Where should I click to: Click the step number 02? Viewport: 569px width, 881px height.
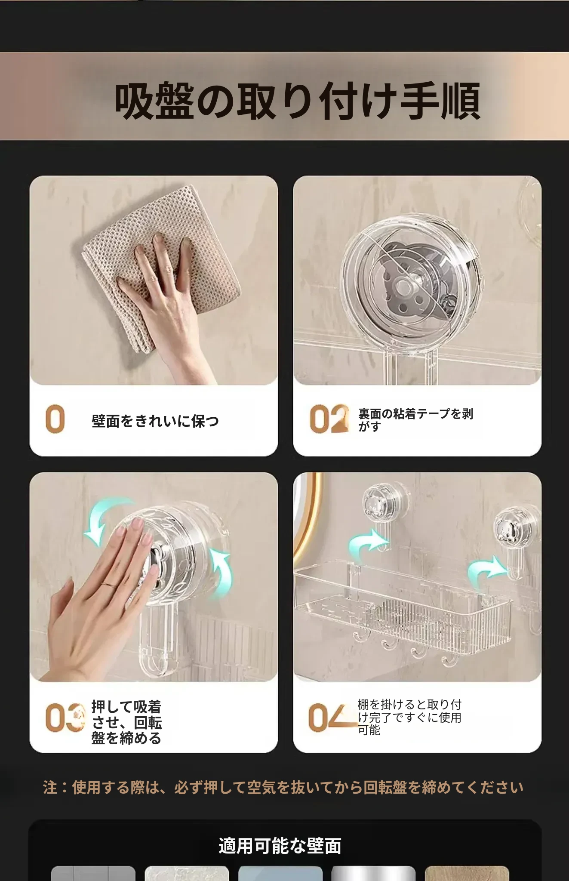329,418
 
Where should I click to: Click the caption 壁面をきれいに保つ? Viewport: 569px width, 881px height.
155,421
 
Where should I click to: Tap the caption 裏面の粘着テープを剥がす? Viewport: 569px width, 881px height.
416,420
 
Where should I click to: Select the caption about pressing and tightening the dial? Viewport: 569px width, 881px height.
126,722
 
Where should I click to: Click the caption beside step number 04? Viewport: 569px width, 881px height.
409,717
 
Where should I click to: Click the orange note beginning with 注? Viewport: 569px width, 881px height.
283,788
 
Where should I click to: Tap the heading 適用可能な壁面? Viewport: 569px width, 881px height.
280,846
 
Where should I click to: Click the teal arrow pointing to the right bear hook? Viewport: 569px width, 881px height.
487,570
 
